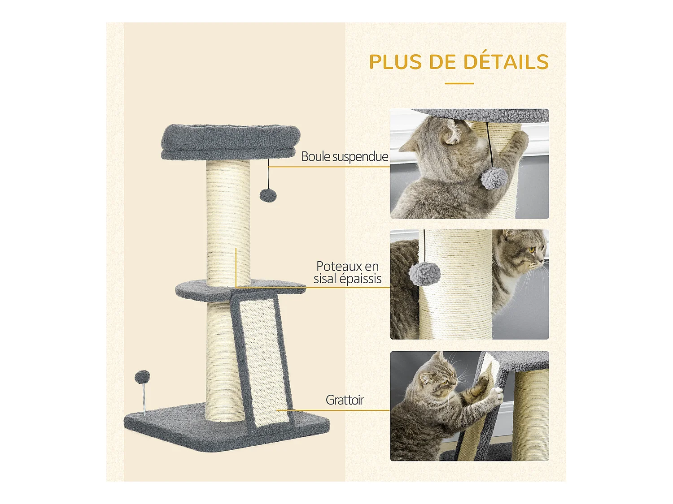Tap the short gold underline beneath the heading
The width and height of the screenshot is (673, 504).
click(x=459, y=83)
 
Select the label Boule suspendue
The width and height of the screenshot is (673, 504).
click(x=345, y=157)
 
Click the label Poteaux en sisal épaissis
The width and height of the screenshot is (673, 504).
click(x=347, y=272)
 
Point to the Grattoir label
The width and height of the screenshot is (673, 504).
click(x=345, y=400)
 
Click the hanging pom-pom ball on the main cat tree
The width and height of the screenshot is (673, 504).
click(x=268, y=196)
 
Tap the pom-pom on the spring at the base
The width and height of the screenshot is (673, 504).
click(x=142, y=377)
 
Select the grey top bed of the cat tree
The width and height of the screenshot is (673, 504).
click(x=230, y=141)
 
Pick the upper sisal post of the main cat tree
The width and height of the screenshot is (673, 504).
click(x=228, y=220)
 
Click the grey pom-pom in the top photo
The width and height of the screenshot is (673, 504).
click(x=494, y=179)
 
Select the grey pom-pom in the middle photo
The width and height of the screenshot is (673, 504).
click(x=424, y=273)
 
